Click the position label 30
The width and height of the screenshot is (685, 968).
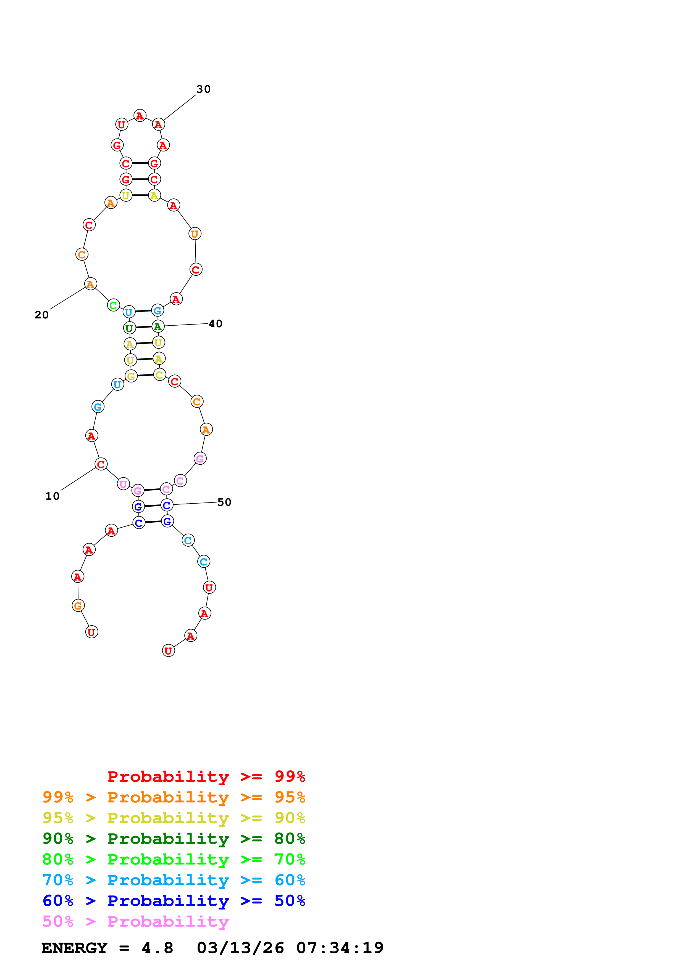click(203, 89)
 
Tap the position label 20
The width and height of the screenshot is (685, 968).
click(41, 315)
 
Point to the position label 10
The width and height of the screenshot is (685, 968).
click(52, 496)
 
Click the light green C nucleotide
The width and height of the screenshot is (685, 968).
click(113, 305)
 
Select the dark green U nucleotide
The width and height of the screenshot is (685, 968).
click(129, 328)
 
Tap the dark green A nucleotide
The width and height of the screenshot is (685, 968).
click(158, 326)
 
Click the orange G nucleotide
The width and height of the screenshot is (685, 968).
click(78, 606)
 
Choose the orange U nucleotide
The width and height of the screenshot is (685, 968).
click(195, 233)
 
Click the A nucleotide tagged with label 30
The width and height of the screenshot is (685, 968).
click(158, 124)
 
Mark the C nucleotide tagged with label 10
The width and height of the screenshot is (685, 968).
click(101, 464)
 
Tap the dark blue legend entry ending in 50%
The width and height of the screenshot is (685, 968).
click(174, 901)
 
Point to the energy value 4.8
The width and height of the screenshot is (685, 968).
click(158, 948)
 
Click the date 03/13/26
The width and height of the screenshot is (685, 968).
click(240, 948)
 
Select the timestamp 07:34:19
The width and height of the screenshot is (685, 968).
click(340, 948)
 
